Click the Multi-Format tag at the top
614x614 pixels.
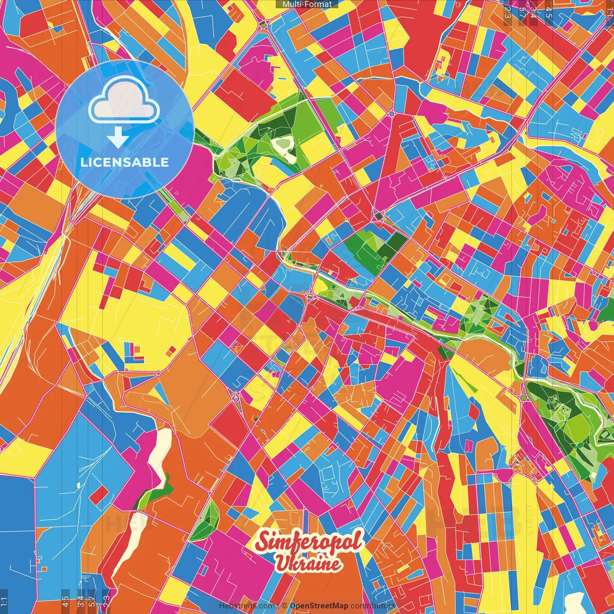pyautogui.click(x=307, y=4)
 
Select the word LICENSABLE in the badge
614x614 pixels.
pyautogui.click(x=125, y=162)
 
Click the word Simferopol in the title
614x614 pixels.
pyautogui.click(x=309, y=542)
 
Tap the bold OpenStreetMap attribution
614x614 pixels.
pyautogui.click(x=319, y=606)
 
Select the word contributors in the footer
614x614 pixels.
pyautogui.click(x=372, y=606)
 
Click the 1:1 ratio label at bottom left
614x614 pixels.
pyautogui.click(x=4, y=602)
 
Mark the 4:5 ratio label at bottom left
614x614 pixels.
pyautogui.click(x=65, y=602)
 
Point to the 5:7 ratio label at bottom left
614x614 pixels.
pyautogui.click(x=92, y=602)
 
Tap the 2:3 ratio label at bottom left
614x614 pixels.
pyautogui.click(x=106, y=602)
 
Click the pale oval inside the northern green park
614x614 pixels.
pyautogui.click(x=283, y=143)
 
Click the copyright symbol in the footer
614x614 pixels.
pyautogui.click(x=284, y=606)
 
